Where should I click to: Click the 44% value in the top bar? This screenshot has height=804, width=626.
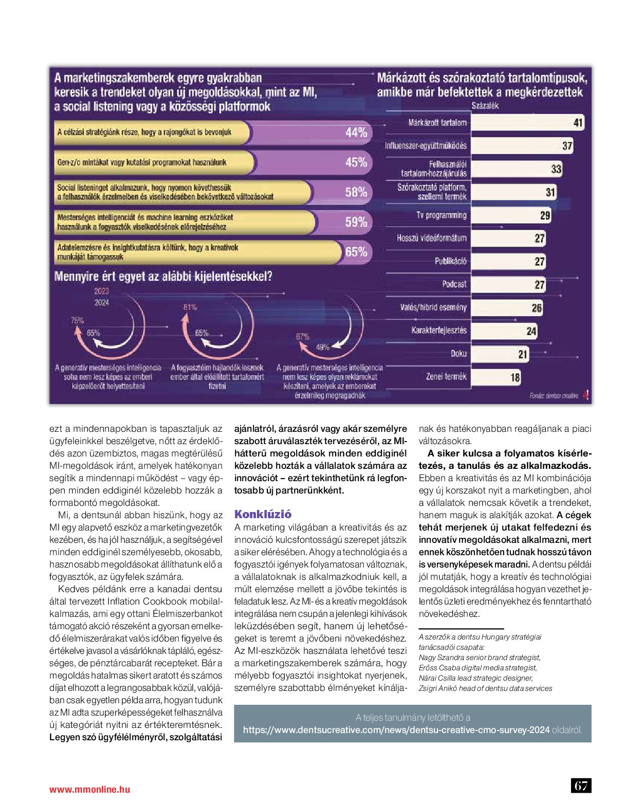coord(356,132)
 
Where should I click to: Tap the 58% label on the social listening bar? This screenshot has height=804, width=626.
coord(356,192)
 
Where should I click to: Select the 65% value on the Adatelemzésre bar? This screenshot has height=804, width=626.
coord(356,252)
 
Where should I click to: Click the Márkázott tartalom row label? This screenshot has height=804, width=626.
coord(437,123)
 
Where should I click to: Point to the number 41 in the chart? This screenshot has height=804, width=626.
coord(578,123)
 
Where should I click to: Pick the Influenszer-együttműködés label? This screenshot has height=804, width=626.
coord(426,146)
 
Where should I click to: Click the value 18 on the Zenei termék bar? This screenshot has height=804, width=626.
coord(515,377)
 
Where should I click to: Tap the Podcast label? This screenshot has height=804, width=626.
coord(454,284)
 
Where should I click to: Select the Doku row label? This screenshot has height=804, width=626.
coord(458,354)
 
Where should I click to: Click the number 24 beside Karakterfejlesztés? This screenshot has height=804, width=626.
coord(531,331)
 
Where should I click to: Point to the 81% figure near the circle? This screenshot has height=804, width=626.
coord(190,307)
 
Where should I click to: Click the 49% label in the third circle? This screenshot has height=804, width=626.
coord(322,347)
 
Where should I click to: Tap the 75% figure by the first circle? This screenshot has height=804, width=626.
coord(77,320)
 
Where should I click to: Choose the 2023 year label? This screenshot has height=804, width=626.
coord(101,291)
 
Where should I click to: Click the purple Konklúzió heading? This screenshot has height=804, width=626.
coord(263,514)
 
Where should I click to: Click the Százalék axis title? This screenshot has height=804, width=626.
coord(485,106)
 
